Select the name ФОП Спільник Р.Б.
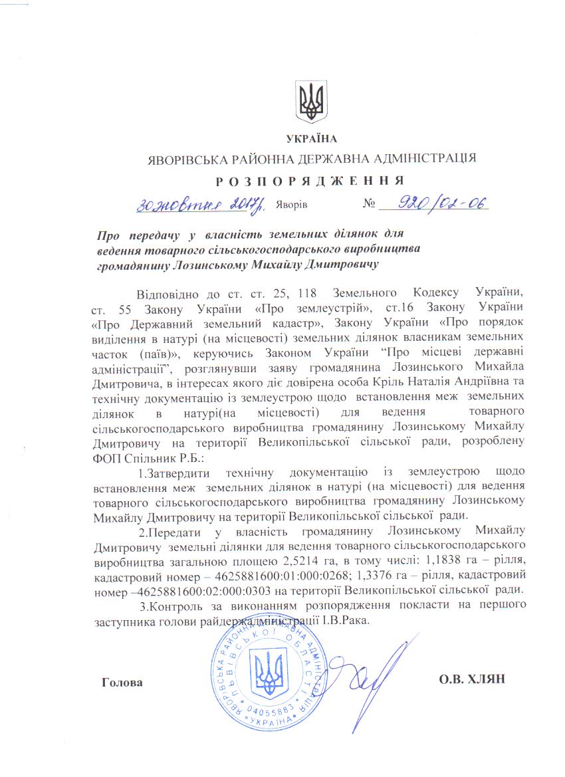tap(138, 455)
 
